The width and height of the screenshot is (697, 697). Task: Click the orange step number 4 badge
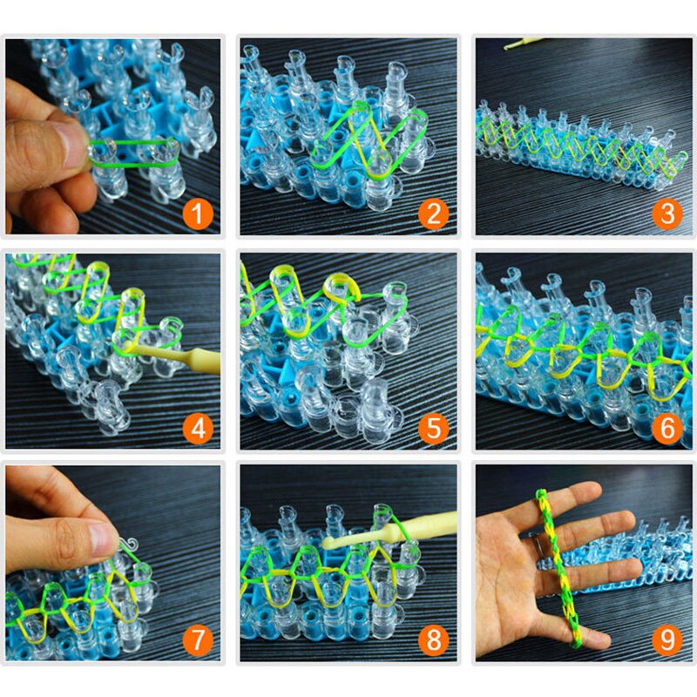pos(199,428)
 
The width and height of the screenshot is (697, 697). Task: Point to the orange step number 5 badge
pos(433,428)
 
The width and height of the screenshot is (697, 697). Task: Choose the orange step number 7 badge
pos(199,642)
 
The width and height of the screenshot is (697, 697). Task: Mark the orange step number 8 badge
pos(433,642)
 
